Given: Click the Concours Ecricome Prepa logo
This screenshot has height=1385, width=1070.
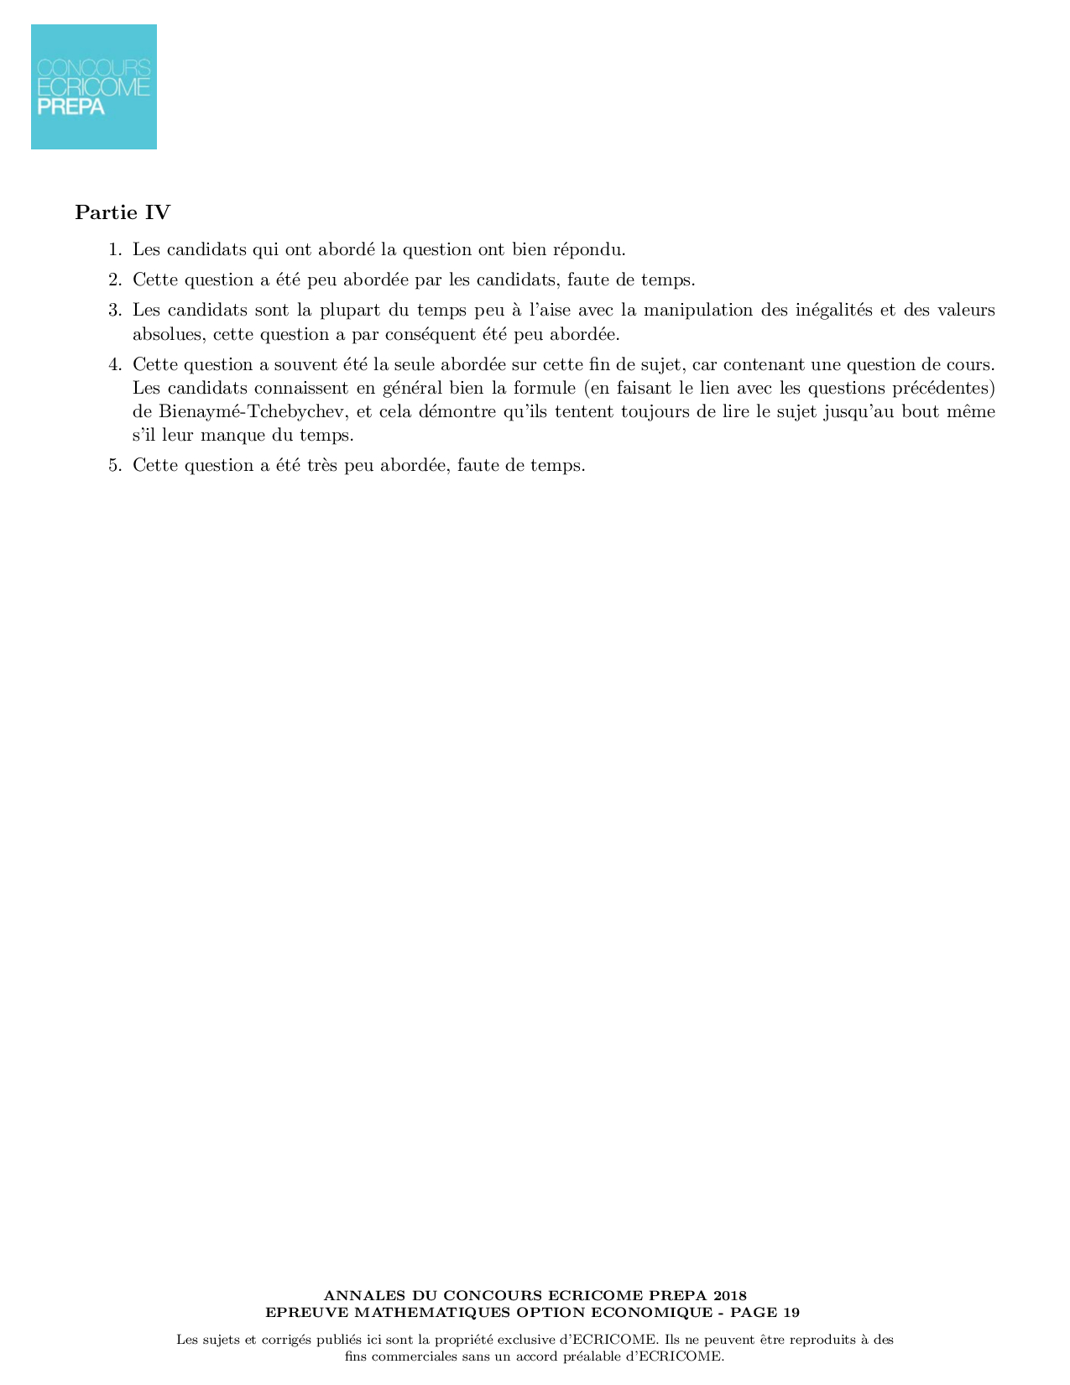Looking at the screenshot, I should coord(94,87).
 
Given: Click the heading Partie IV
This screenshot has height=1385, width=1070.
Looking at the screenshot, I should coord(123,212).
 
